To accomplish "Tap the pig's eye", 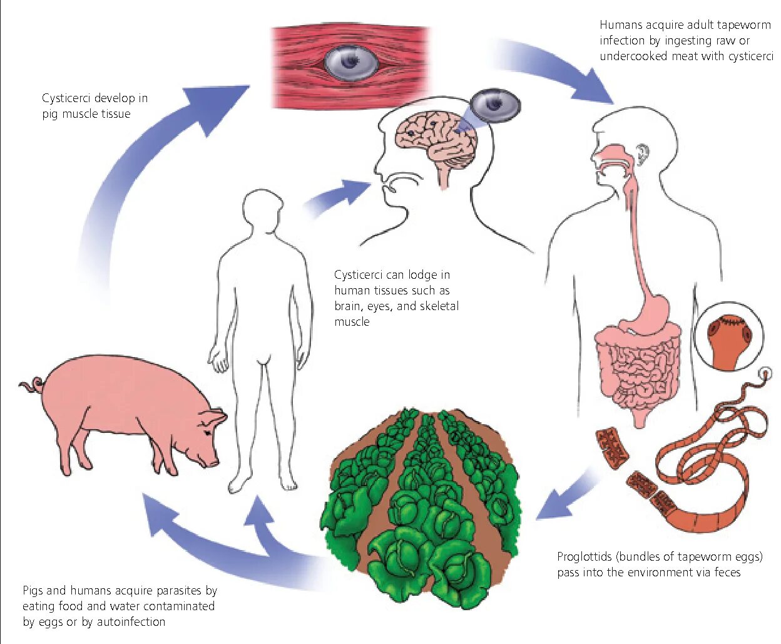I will point(207,432).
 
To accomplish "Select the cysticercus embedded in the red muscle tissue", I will point(351,61).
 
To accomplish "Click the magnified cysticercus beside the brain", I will point(495,105).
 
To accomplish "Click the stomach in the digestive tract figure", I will point(651,313).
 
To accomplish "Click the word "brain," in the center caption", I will point(349,306).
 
